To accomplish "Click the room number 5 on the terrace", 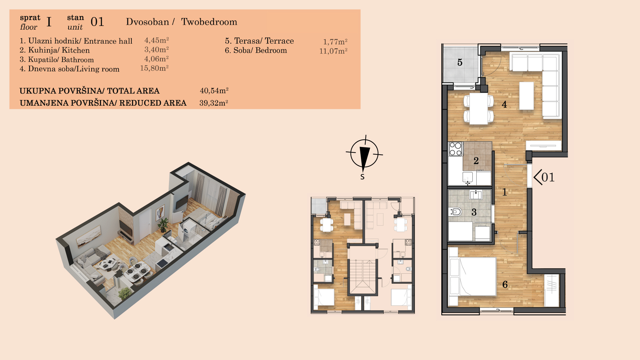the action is point(460,62).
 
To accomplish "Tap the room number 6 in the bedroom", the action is point(505,284).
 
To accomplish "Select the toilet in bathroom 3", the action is point(455,212).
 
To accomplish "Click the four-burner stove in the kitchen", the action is point(455,149).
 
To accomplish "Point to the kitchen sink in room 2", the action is point(467,177).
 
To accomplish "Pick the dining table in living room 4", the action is point(479,108).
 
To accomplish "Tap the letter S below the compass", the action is point(362,177).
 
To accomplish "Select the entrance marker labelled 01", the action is point(544,177).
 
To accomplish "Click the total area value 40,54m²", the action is point(214,90).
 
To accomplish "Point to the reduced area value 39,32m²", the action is point(214,103).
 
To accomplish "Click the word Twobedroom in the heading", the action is point(209,22).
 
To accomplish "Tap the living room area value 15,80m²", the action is point(154,68).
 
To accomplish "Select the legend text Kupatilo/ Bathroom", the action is point(61,60).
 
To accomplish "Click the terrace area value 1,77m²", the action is point(335,42).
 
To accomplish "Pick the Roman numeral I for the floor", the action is point(49,22).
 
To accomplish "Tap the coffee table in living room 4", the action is point(526,96).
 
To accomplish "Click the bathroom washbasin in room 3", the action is point(476,194).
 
